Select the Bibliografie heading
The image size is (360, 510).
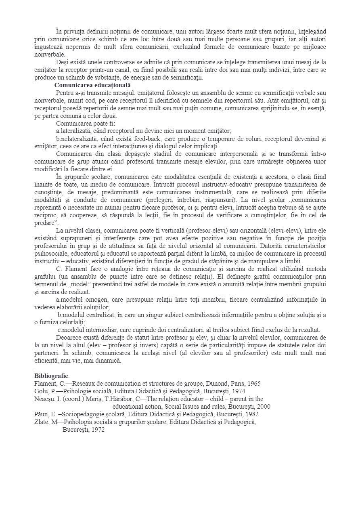(51, 376)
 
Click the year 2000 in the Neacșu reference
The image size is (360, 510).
(263, 406)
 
